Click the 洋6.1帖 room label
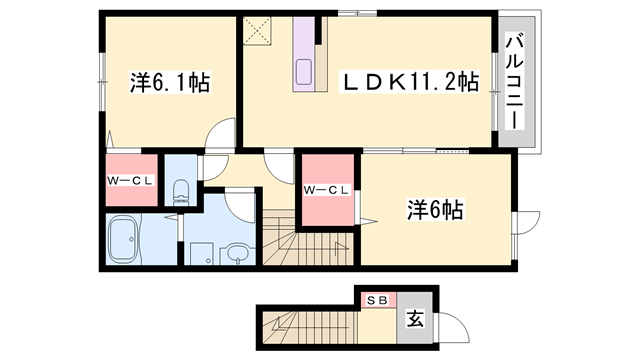click(170, 82)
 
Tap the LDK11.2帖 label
click(409, 82)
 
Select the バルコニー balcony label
click(515, 83)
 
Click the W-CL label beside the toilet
click(130, 180)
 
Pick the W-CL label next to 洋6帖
click(327, 190)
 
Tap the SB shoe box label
click(377, 301)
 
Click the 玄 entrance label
click(415, 318)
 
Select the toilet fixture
click(181, 192)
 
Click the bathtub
click(123, 240)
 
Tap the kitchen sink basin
click(304, 72)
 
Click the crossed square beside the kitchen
click(257, 31)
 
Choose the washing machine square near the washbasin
click(202, 253)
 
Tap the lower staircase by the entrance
click(310, 328)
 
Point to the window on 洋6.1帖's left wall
click(102, 82)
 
